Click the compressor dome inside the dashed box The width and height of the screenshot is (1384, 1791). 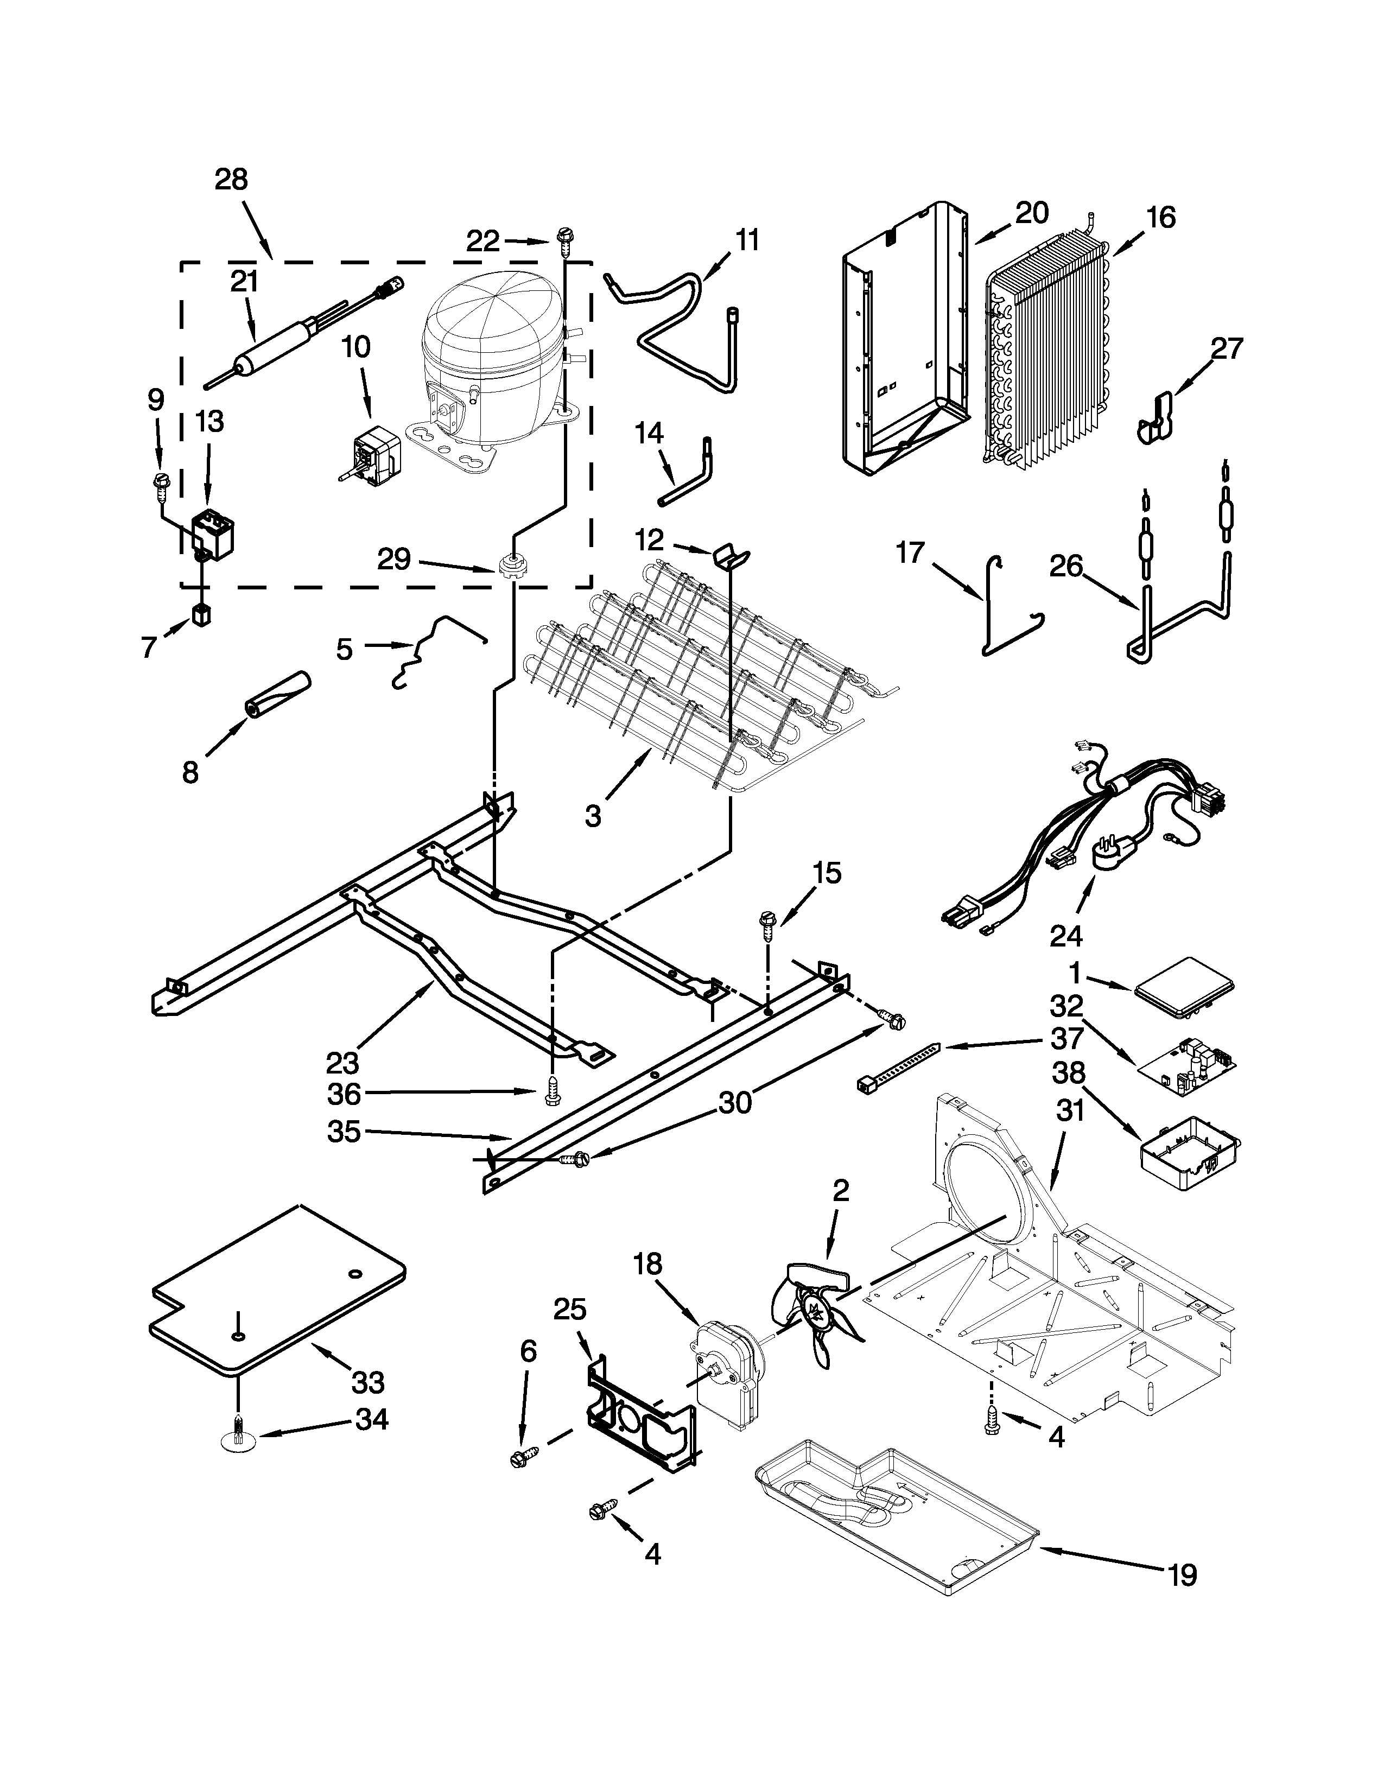pos(484,345)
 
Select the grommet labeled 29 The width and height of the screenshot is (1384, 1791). pos(512,566)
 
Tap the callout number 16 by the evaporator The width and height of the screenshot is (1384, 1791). pos(1161,217)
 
